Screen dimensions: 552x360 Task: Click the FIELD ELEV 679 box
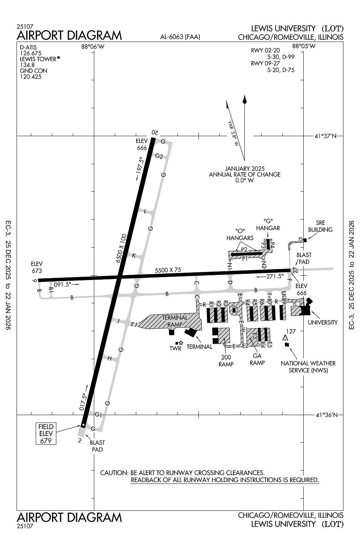tap(46, 434)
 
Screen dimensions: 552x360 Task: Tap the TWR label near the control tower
tap(176, 348)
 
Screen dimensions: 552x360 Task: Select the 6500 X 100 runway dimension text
tap(121, 248)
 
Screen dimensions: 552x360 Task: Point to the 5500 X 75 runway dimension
tap(168, 270)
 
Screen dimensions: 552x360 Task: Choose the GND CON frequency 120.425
tap(31, 77)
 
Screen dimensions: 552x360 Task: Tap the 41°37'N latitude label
tap(325, 136)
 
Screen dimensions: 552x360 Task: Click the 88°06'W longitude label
tap(93, 47)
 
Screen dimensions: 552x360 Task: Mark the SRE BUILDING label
tap(320, 226)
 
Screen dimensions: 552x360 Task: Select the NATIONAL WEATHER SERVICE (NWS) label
tap(308, 367)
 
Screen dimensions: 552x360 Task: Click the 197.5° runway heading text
tap(140, 166)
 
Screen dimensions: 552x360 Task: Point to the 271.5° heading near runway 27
tap(275, 276)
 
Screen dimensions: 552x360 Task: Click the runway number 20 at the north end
tap(155, 132)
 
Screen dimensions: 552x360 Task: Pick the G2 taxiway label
tap(159, 156)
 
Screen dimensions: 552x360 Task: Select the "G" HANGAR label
tap(268, 224)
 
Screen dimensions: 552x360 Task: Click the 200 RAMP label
tap(226, 361)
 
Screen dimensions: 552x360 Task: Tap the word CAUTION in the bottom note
tap(114, 473)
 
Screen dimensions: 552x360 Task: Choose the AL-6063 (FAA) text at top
tap(180, 37)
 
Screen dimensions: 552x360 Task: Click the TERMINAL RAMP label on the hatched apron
tap(175, 321)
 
